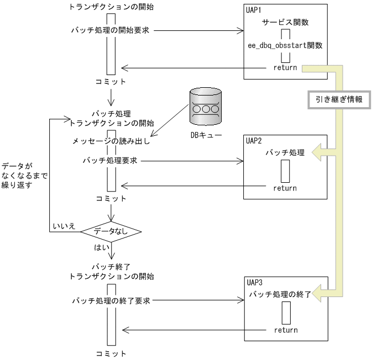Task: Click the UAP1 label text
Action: coord(255,12)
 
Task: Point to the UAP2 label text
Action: coord(255,141)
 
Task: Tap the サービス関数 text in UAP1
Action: coord(285,23)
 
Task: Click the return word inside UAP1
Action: coord(285,67)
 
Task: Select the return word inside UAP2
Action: coord(285,188)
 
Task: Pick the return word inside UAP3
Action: coord(286,330)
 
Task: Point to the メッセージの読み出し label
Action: coord(112,141)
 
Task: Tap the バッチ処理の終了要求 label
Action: coord(112,301)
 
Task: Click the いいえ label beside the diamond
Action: coord(64,226)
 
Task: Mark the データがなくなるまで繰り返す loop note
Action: coord(24,176)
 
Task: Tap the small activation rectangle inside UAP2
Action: coord(285,171)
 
